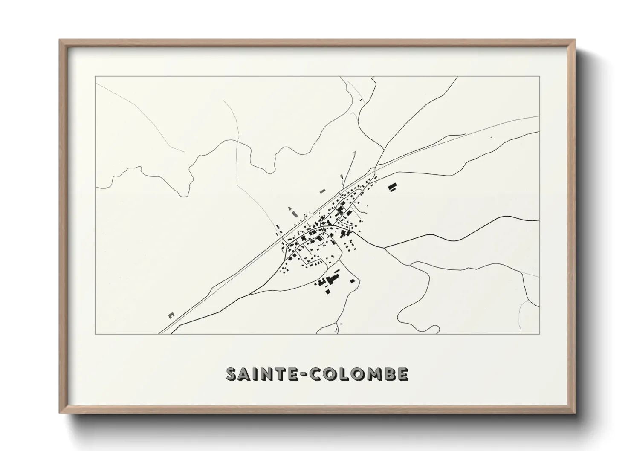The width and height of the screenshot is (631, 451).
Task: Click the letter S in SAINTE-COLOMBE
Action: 231,374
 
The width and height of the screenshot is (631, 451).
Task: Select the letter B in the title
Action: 389,374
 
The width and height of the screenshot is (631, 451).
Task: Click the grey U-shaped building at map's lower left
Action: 171,315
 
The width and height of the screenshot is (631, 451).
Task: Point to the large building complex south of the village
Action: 330,281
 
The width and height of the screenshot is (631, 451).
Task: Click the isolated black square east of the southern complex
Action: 353,280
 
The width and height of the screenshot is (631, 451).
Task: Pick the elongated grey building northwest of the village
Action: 292,211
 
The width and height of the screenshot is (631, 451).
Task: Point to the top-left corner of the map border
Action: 95,77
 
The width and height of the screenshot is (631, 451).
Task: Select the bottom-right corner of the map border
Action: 540,334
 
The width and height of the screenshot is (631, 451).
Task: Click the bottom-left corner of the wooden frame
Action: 60,413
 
